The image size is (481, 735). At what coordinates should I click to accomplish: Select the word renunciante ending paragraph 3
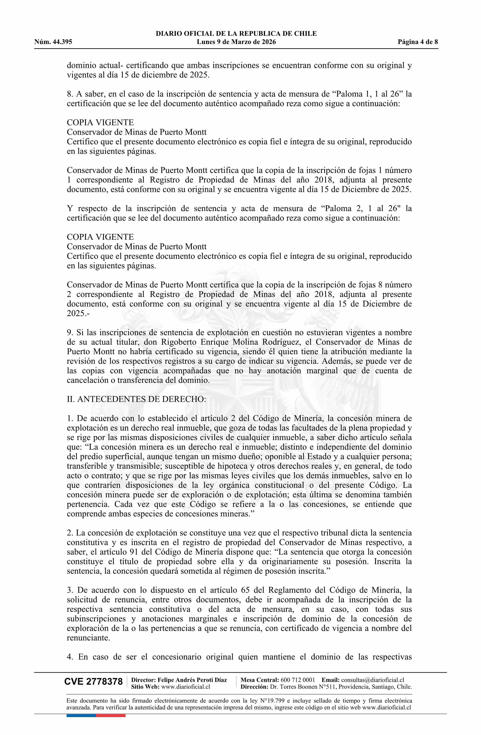click(x=88, y=638)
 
